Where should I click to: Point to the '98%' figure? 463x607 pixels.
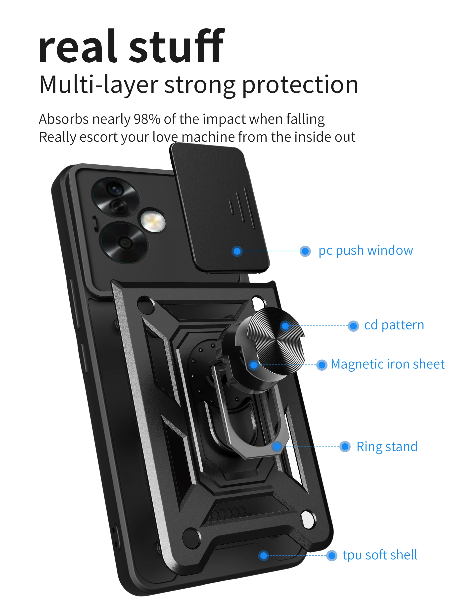click(x=147, y=119)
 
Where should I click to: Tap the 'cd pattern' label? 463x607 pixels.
click(x=394, y=325)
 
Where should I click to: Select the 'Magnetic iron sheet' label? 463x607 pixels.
click(x=387, y=364)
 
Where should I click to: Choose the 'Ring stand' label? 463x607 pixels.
click(x=387, y=447)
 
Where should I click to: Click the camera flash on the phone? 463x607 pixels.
click(x=153, y=222)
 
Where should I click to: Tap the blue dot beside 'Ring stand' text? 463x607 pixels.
click(x=345, y=446)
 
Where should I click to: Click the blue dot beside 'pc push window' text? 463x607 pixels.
click(x=305, y=251)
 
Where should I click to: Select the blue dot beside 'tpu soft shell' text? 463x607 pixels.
click(x=331, y=556)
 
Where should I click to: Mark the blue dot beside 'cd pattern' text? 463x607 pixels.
click(x=353, y=326)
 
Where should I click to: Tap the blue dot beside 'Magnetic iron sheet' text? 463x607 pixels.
click(x=322, y=365)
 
